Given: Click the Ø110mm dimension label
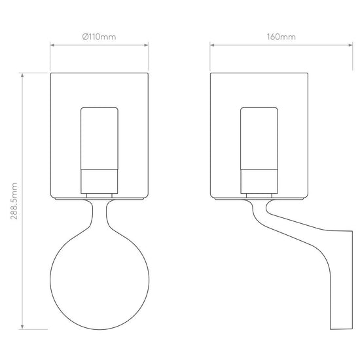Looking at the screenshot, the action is pyautogui.click(x=99, y=37).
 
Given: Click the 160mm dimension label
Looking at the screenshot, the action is pyautogui.click(x=281, y=37).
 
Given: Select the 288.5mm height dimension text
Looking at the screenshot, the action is pyautogui.click(x=14, y=201).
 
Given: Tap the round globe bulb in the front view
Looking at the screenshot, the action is pyautogui.click(x=99, y=280).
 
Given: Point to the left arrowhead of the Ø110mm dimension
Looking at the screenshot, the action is pyautogui.click(x=52, y=45).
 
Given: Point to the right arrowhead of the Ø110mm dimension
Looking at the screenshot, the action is pyautogui.click(x=146, y=45).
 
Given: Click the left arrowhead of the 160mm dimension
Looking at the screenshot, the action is pyautogui.click(x=212, y=45).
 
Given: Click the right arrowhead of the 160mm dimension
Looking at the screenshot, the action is pyautogui.click(x=351, y=45).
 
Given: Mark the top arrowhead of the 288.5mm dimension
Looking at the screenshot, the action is pyautogui.click(x=22, y=75).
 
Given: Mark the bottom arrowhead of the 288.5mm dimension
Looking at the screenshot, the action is pyautogui.click(x=22, y=327).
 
